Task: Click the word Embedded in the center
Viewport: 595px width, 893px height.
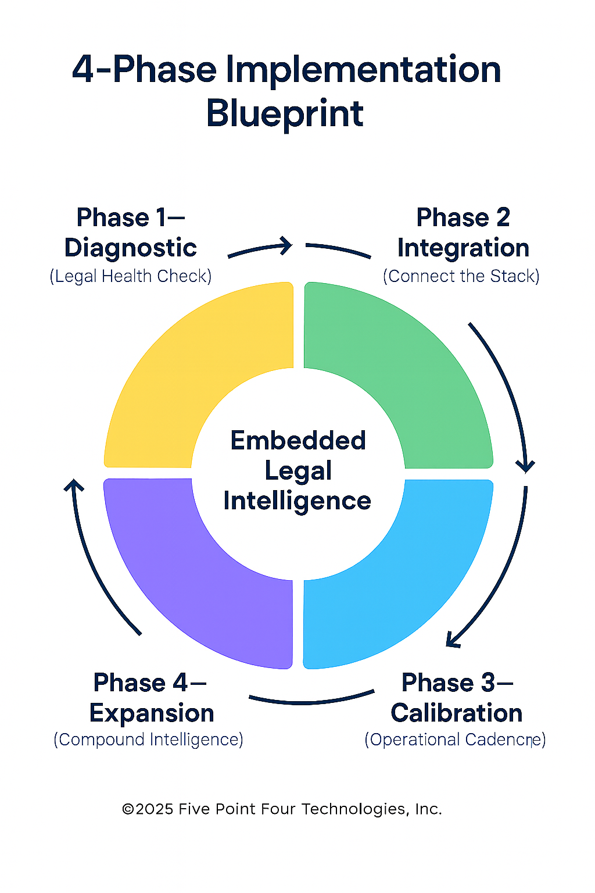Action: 298,441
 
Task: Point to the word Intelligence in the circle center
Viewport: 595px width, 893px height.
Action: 297,502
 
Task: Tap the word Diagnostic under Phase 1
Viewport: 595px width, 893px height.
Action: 131,248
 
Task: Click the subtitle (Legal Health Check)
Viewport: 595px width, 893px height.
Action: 131,276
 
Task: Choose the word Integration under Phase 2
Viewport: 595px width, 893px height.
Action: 463,248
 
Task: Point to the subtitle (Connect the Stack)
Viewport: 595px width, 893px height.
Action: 461,276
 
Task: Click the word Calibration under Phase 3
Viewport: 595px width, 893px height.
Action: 457,713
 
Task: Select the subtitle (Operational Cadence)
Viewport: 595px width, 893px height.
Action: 455,740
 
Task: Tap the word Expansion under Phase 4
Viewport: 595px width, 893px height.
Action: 152,713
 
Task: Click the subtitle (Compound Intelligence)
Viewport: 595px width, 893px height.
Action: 148,740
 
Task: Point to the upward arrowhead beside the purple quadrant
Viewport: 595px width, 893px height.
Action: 74,485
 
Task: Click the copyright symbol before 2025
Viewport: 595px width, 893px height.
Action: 128,809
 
